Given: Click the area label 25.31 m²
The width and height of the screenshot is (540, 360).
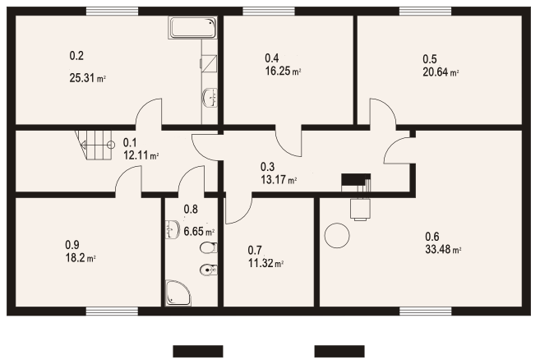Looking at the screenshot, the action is pyautogui.click(x=87, y=78).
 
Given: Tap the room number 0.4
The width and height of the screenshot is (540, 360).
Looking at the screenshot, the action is pyautogui.click(x=272, y=58).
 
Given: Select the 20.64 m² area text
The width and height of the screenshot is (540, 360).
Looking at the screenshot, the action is pyautogui.click(x=441, y=72).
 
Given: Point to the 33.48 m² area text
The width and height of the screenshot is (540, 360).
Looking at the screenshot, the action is pyautogui.click(x=443, y=249).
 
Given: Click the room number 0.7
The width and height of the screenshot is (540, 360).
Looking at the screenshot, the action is pyautogui.click(x=255, y=250).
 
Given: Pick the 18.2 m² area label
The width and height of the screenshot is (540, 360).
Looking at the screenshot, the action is pyautogui.click(x=81, y=258).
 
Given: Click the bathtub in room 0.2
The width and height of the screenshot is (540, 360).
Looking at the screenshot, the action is pyautogui.click(x=192, y=27).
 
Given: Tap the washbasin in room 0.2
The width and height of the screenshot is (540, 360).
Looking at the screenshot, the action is pyautogui.click(x=210, y=98).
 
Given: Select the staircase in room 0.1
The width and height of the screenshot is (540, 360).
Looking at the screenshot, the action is pyautogui.click(x=94, y=145).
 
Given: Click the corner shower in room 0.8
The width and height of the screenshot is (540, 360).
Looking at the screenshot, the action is pyautogui.click(x=178, y=293).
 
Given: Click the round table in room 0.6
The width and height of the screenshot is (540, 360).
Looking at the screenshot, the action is pyautogui.click(x=337, y=235).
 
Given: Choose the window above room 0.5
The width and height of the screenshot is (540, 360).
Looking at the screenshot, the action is pyautogui.click(x=425, y=12).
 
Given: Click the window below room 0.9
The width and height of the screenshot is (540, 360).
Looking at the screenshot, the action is pyautogui.click(x=112, y=312).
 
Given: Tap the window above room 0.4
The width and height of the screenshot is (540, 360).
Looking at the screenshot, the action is pyautogui.click(x=269, y=12).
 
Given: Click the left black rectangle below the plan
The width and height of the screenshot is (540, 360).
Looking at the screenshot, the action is pyautogui.click(x=198, y=352).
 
